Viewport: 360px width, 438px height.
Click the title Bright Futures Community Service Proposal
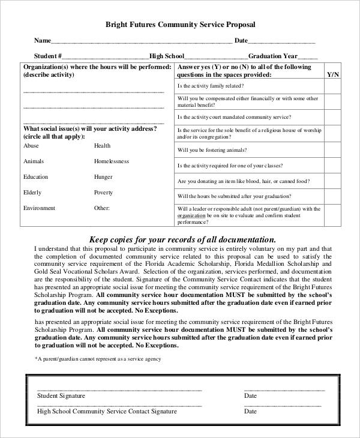tap(180, 25)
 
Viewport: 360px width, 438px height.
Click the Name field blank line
tap(142, 42)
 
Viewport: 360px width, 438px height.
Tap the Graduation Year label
tap(269, 56)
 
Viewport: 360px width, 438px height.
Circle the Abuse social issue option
tap(31, 146)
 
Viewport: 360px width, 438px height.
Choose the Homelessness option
tap(111, 161)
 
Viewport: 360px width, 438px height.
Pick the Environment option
tap(39, 208)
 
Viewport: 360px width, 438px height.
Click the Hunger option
tap(103, 177)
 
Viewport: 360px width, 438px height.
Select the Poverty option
tap(103, 193)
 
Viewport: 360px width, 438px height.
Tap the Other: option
tap(102, 208)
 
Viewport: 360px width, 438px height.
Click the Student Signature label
tap(61, 396)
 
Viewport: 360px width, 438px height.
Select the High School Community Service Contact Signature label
tap(107, 412)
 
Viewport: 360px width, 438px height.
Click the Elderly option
tap(32, 193)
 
